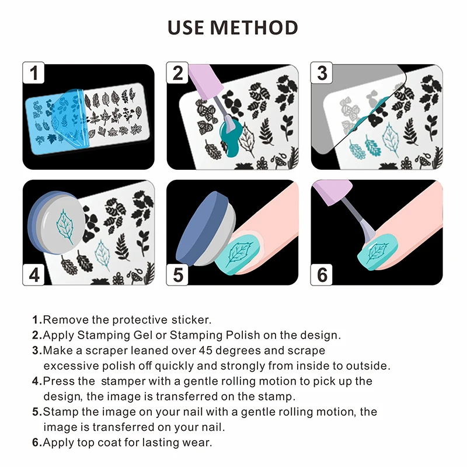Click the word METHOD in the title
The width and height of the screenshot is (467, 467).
click(x=254, y=27)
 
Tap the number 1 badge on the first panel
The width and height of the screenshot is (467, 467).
click(x=34, y=73)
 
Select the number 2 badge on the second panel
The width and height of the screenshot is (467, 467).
click(x=177, y=73)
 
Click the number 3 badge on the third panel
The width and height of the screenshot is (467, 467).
click(x=322, y=73)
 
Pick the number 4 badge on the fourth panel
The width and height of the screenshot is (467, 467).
click(x=34, y=274)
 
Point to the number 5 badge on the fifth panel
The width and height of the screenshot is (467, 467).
click(x=177, y=274)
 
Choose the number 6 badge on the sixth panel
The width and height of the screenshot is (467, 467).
click(x=322, y=274)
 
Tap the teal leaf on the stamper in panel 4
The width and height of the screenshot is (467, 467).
click(x=65, y=227)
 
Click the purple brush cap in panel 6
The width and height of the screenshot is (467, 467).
click(x=333, y=192)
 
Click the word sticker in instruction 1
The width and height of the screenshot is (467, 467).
click(x=191, y=320)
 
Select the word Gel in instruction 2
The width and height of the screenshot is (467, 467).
click(x=143, y=335)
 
